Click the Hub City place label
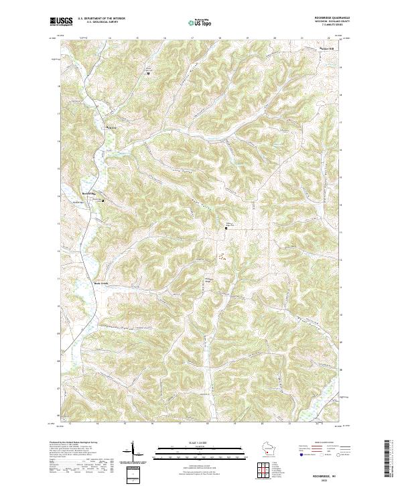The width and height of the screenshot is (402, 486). pyautogui.click(x=111, y=126)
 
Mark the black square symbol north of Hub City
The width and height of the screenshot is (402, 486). pyautogui.click(x=148, y=73)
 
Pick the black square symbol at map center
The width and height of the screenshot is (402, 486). pyautogui.click(x=226, y=228)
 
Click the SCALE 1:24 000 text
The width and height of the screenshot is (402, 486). pyautogui.click(x=200, y=442)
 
